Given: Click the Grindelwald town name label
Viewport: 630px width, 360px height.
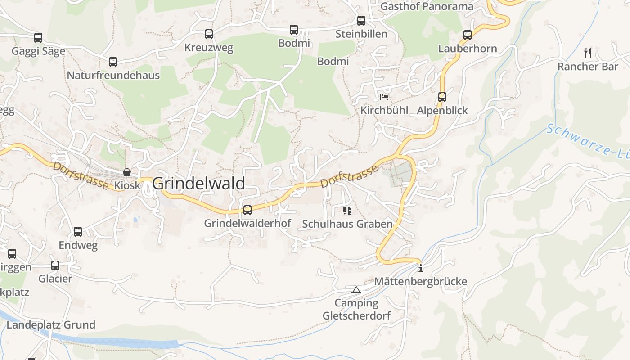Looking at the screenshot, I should [198, 184].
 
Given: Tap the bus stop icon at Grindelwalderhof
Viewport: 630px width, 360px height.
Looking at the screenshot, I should [247, 210].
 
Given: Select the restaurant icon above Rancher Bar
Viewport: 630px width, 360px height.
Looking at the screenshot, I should [588, 53].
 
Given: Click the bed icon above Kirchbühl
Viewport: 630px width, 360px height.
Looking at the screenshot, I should [384, 97].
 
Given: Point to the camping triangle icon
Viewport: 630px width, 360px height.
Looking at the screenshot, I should [356, 290].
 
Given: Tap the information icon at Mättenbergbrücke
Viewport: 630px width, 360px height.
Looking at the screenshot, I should [421, 269].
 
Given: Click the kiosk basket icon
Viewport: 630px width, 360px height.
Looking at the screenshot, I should [127, 172].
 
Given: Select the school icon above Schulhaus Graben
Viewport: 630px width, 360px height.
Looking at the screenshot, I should [347, 210].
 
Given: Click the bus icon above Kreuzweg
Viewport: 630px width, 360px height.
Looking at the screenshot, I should [208, 34].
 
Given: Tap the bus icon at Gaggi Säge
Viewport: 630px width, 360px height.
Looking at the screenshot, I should [38, 37].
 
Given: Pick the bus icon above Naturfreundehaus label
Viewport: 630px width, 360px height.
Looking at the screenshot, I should [112, 62].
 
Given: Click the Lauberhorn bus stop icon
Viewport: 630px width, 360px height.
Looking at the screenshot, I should [468, 35].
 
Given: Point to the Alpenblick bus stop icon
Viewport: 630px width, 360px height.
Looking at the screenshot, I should [442, 97].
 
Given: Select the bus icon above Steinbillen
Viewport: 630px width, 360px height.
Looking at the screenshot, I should [361, 20].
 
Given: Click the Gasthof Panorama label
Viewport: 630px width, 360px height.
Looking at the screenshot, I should [427, 6].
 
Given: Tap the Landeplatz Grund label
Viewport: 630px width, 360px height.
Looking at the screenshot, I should [51, 324].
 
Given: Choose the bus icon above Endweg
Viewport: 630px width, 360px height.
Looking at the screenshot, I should [78, 232].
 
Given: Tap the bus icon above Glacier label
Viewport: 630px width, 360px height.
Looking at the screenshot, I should [55, 265].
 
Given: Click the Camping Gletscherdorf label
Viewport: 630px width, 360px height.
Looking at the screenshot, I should [356, 309].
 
